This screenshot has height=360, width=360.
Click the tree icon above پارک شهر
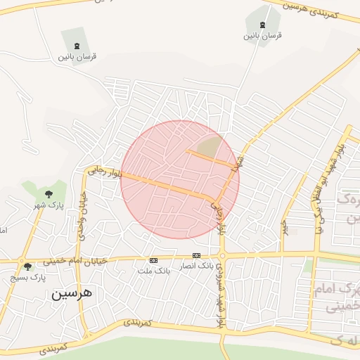point(49,193)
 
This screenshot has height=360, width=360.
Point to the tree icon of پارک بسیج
point(27,266)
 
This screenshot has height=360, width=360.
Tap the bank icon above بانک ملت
point(154,260)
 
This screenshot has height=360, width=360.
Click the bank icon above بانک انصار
point(196,255)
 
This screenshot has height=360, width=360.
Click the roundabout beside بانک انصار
point(222,256)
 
